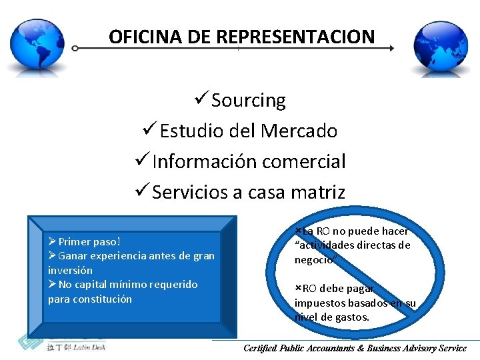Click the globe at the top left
point(41,45)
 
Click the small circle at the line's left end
point(75,48)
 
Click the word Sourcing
point(248,100)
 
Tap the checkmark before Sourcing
point(201,100)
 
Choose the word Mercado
point(299,131)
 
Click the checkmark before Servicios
point(142,192)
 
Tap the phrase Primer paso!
point(88,241)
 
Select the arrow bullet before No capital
point(52,285)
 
